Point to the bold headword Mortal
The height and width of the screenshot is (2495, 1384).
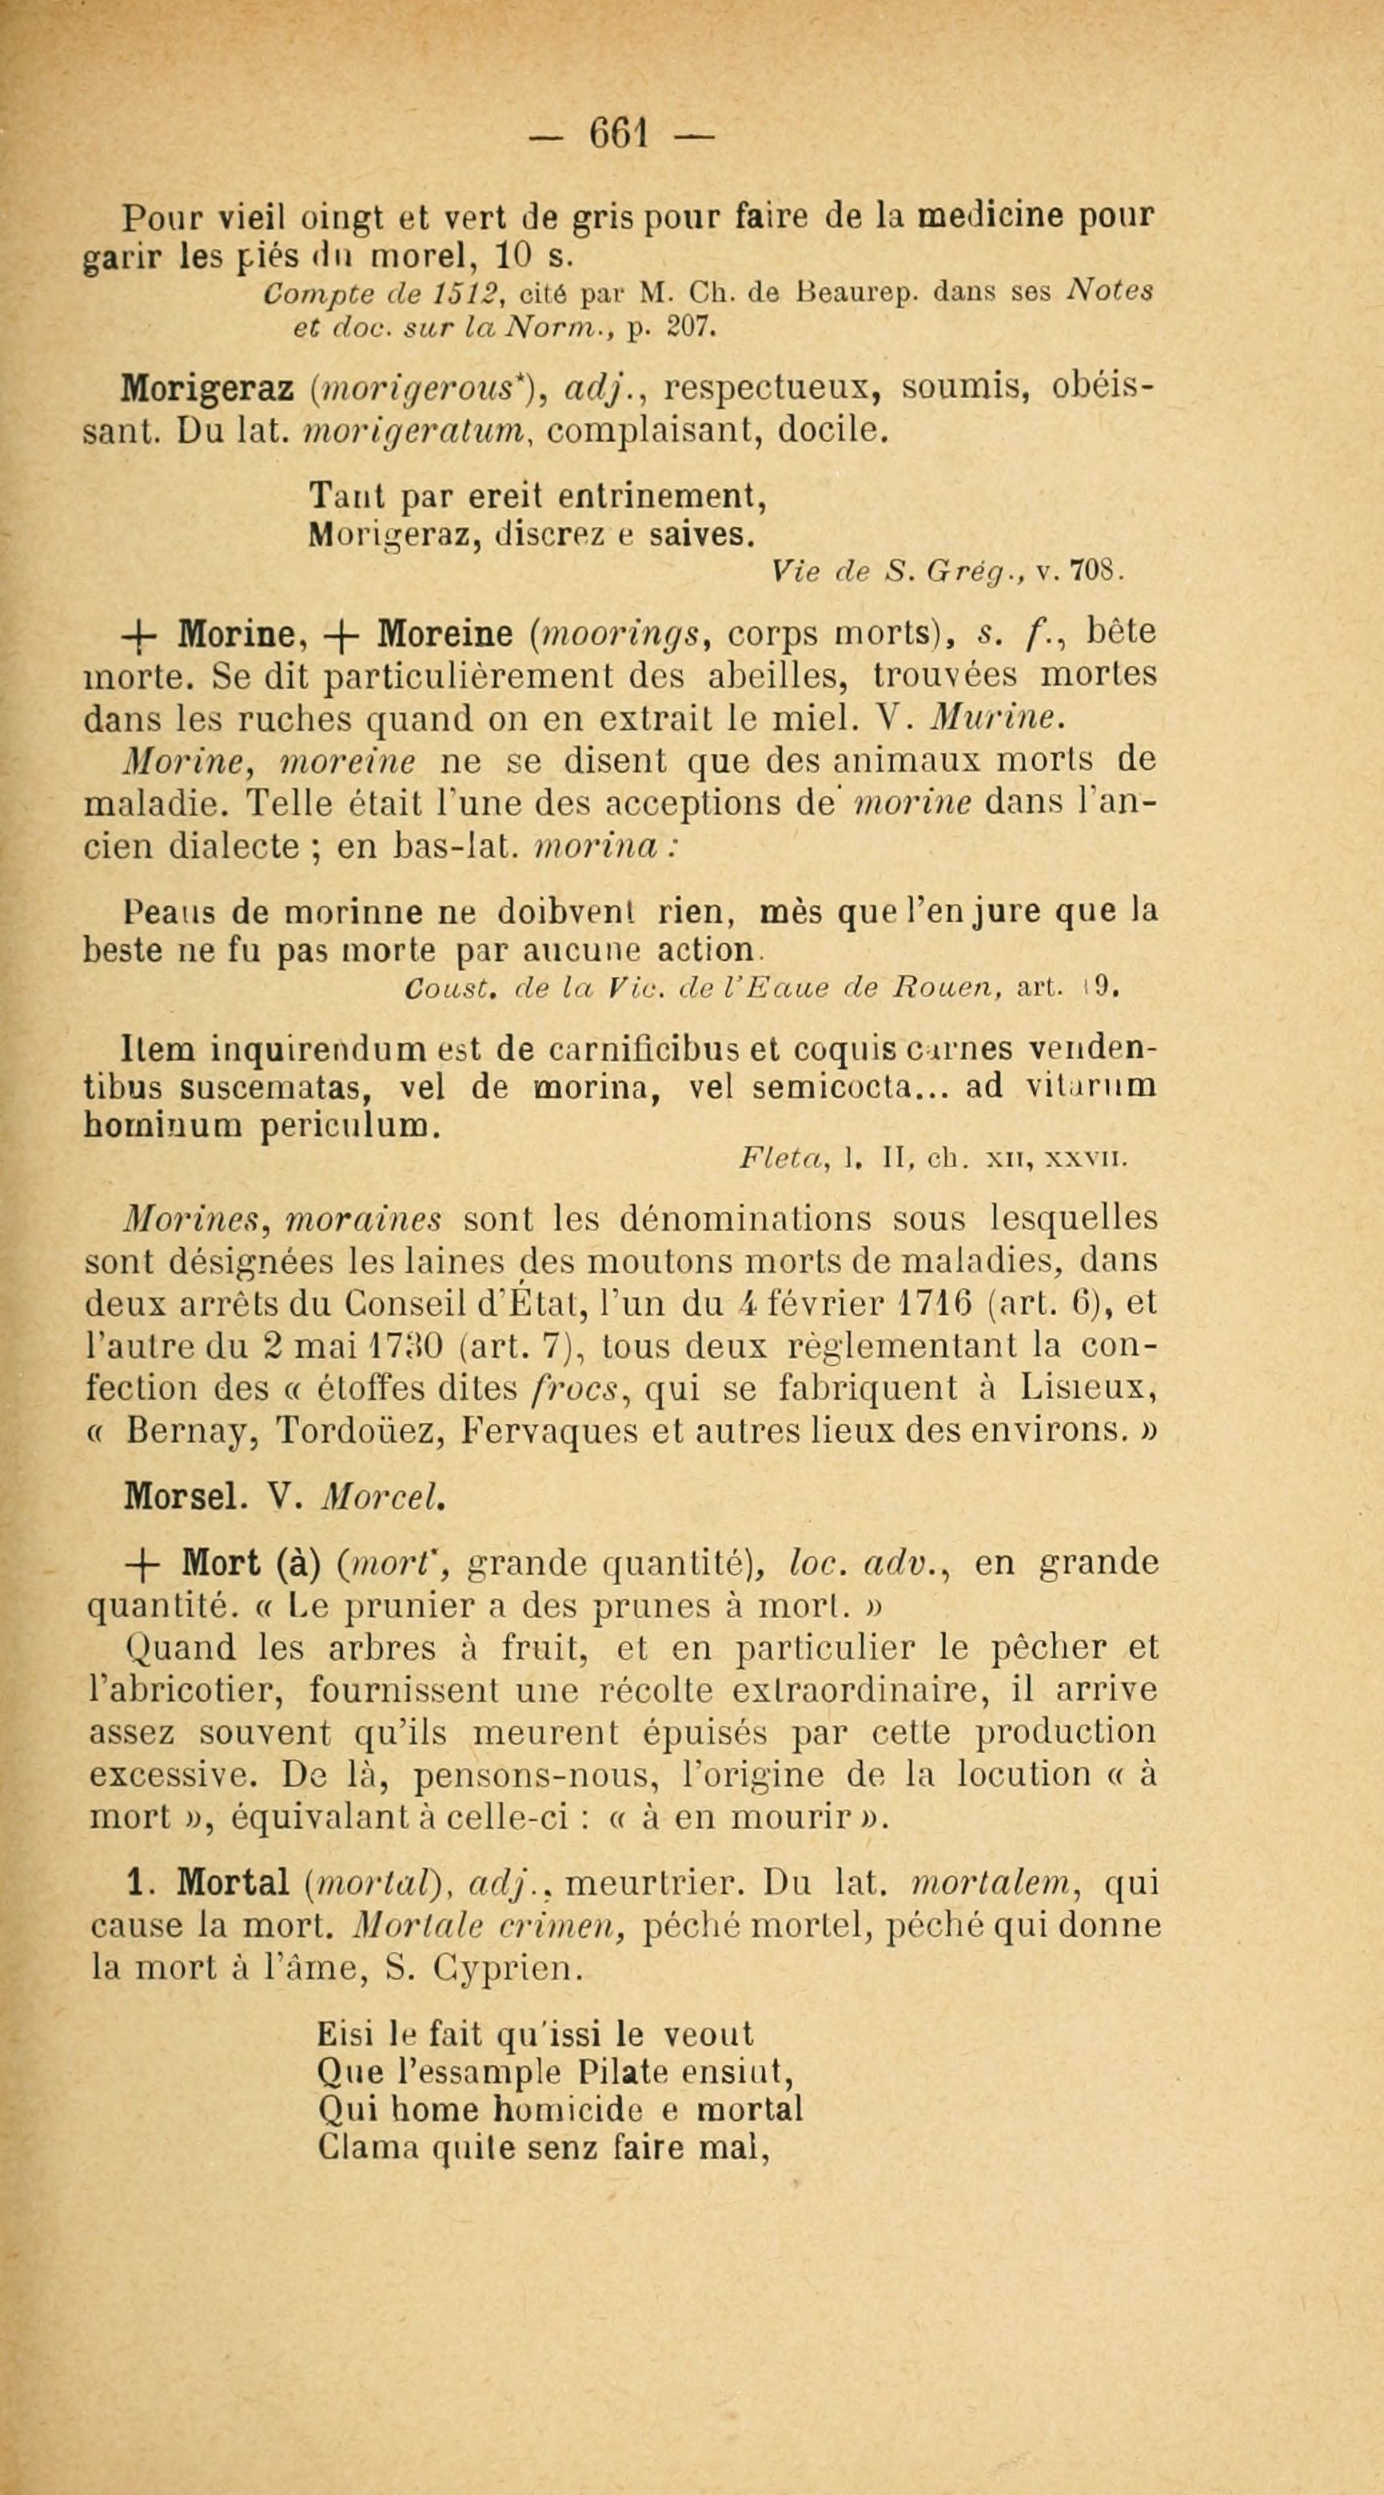coord(237,1882)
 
